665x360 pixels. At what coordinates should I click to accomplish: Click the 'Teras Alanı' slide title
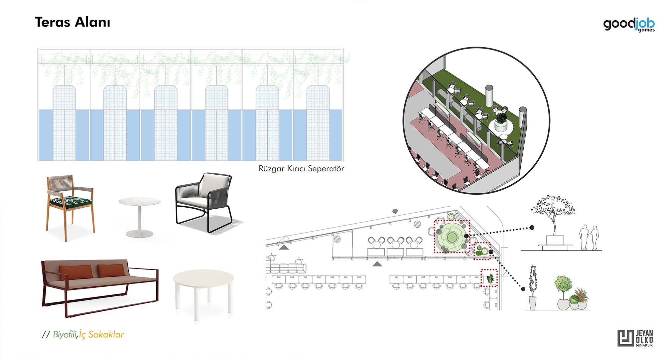(72, 22)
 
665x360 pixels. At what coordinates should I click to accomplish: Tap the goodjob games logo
(629, 25)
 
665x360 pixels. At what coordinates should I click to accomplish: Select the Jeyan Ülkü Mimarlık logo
(635, 338)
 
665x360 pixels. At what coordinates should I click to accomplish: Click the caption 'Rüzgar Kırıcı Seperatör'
(301, 169)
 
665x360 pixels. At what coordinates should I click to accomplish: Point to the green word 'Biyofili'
(65, 334)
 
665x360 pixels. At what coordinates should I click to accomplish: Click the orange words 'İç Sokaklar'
(101, 334)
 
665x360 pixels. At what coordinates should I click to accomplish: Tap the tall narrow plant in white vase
(533, 288)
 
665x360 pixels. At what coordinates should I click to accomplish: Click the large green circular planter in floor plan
(452, 237)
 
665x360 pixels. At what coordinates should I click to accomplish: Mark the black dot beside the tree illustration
(532, 228)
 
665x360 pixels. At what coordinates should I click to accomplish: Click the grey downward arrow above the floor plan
(395, 211)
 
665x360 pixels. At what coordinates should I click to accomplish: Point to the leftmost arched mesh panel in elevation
(65, 123)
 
